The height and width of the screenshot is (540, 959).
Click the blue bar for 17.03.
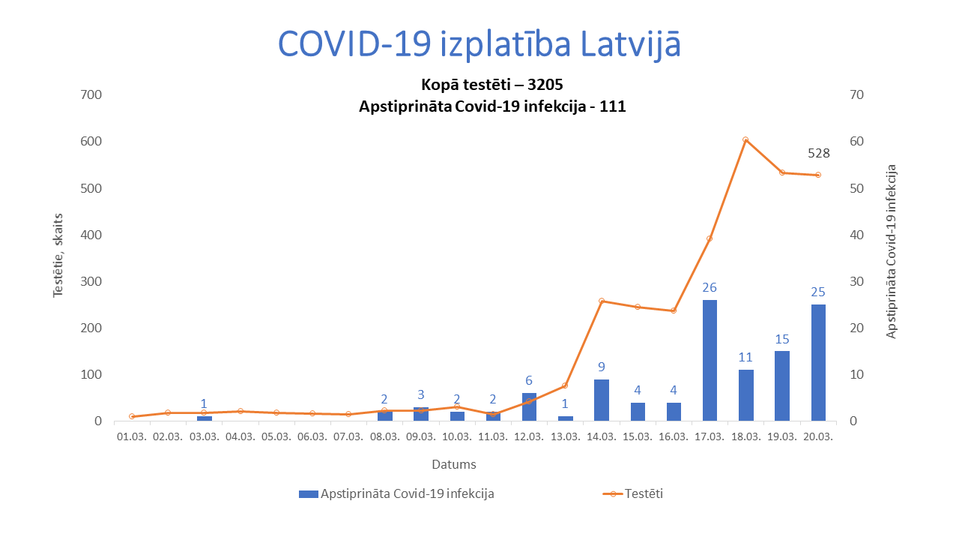tap(710, 360)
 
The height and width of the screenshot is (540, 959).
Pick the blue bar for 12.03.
tap(529, 406)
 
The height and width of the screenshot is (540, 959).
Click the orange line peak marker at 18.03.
tap(745, 139)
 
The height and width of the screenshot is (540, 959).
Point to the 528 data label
tap(818, 154)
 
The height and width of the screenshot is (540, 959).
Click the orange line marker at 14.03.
tap(602, 301)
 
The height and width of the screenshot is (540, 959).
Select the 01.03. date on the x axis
tap(132, 436)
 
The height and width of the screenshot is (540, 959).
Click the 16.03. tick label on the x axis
tap(673, 436)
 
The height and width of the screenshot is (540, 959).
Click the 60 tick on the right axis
tap(856, 141)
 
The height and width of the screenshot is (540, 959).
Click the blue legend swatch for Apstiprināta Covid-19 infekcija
tap(308, 493)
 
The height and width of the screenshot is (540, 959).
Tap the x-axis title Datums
tap(453, 465)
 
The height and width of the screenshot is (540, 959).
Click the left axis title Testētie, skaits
tap(58, 255)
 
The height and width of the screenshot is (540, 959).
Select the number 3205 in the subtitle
tap(545, 83)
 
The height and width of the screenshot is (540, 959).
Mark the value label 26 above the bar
tap(710, 287)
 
